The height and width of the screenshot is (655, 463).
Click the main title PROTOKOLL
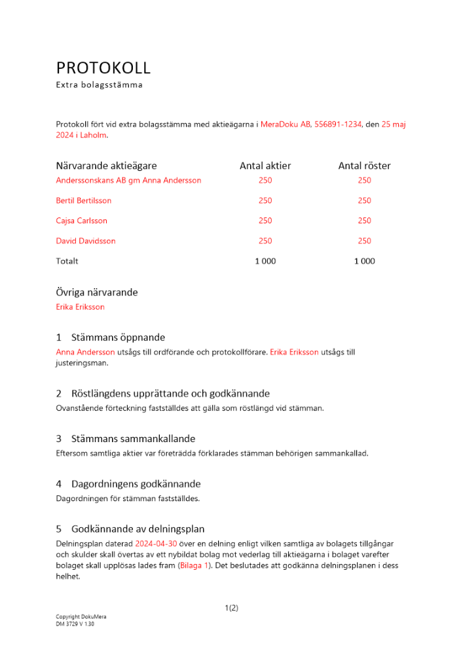click(x=103, y=67)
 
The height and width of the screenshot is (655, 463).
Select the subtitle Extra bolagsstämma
click(x=99, y=84)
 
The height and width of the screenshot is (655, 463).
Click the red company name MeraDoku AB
click(x=286, y=124)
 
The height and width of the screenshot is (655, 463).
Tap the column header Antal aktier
click(x=265, y=166)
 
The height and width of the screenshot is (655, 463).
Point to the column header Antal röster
click(x=364, y=166)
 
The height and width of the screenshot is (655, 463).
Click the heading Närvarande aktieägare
click(x=106, y=166)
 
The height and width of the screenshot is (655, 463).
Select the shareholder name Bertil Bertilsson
click(x=84, y=200)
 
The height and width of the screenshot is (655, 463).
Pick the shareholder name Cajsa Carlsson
click(x=82, y=221)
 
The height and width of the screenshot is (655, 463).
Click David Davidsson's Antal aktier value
click(x=265, y=241)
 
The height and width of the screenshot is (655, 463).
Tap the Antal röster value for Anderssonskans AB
click(x=364, y=180)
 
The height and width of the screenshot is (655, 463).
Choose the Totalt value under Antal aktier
click(x=265, y=261)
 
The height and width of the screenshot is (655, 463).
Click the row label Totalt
click(x=67, y=261)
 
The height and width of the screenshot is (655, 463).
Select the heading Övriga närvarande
click(x=97, y=292)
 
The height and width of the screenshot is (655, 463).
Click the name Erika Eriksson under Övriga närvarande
click(x=81, y=307)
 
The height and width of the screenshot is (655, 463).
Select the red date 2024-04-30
click(x=156, y=544)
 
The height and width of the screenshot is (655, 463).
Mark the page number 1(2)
click(x=231, y=608)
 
